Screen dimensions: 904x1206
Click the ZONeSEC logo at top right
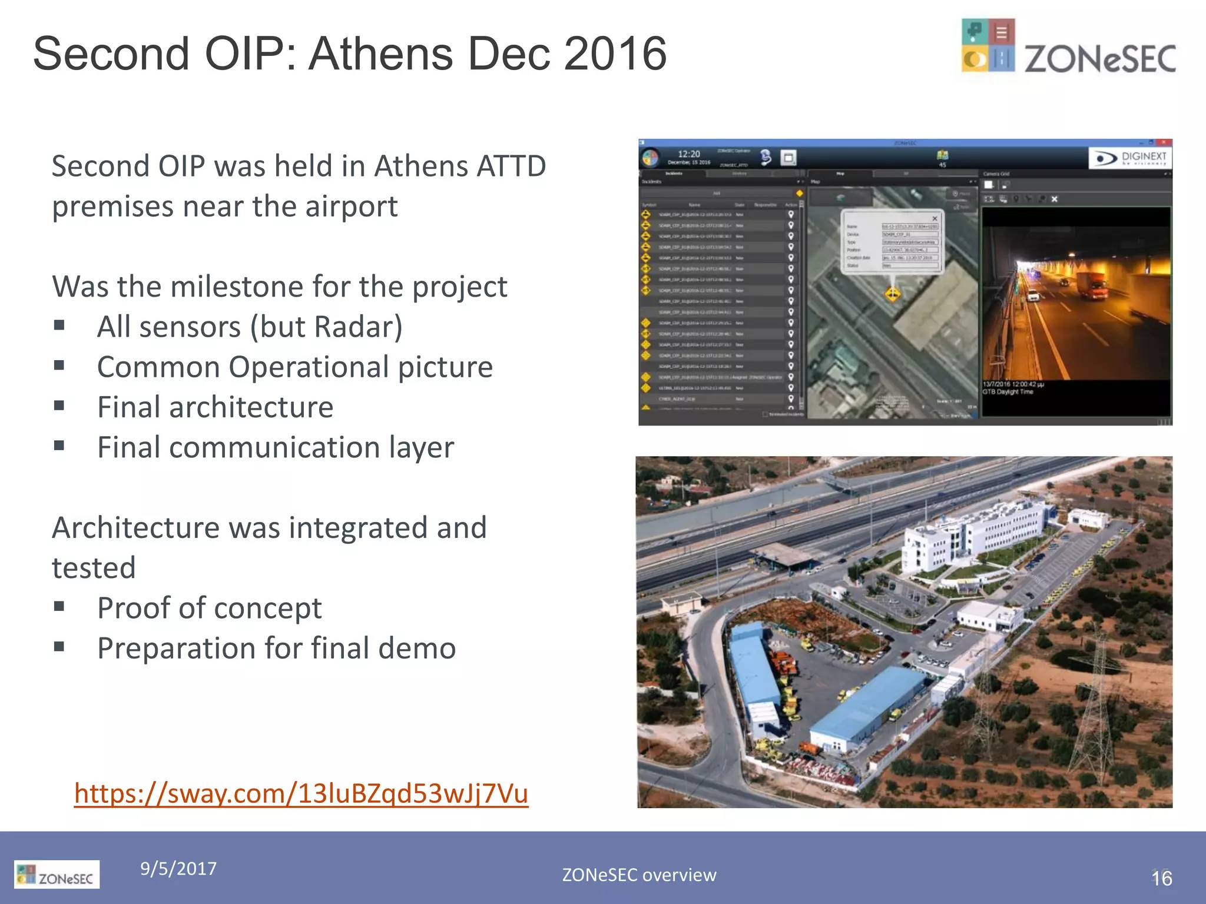1067,47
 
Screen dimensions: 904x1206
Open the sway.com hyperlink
301,793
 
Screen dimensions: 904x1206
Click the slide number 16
1161,879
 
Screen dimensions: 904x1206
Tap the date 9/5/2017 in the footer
178,869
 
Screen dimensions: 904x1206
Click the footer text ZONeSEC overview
639,875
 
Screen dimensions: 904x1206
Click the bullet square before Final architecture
59,406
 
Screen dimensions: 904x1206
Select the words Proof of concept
209,608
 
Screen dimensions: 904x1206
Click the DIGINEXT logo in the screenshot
1129,158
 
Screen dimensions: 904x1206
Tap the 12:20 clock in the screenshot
688,154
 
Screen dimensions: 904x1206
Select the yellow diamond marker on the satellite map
893,293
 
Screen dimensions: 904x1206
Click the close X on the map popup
934,218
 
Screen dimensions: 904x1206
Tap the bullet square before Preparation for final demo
59,647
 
